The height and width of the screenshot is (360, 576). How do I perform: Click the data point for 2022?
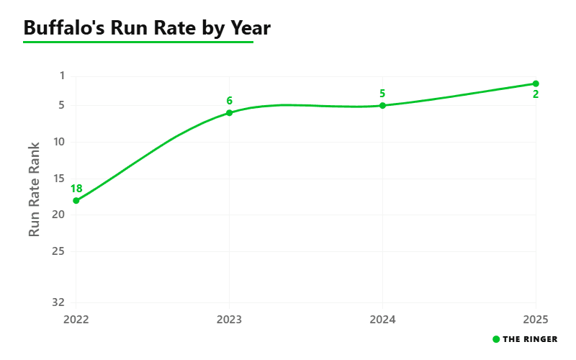coord(76,201)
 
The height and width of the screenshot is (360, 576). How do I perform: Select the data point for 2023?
coord(229,113)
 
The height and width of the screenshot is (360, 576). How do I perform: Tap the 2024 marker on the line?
coord(382,105)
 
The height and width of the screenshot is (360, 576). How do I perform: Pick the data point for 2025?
coord(536,84)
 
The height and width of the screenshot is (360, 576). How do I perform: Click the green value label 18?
coord(76,189)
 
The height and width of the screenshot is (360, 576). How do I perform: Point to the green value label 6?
coord(229,101)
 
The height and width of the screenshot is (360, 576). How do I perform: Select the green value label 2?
coord(536,94)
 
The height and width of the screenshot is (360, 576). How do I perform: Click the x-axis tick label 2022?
coord(76,320)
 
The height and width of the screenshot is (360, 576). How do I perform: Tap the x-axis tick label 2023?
coord(229,320)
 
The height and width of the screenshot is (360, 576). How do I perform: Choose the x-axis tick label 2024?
coord(382,320)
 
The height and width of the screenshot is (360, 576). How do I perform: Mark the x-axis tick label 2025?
coord(536,320)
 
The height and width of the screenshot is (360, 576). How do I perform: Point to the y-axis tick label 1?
coord(62,76)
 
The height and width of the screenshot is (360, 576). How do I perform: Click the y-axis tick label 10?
coord(59,142)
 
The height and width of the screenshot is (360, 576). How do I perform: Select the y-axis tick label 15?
coord(59,179)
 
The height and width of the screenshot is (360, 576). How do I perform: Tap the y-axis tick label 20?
coord(59,215)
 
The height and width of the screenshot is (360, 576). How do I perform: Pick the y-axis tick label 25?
coord(59,251)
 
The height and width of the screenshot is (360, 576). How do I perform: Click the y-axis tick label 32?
coord(59,302)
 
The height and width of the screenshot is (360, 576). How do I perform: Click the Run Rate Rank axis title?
coord(34,189)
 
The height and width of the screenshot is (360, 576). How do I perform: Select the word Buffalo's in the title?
coord(64,28)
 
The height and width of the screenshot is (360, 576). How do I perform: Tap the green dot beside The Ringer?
coord(496,339)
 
